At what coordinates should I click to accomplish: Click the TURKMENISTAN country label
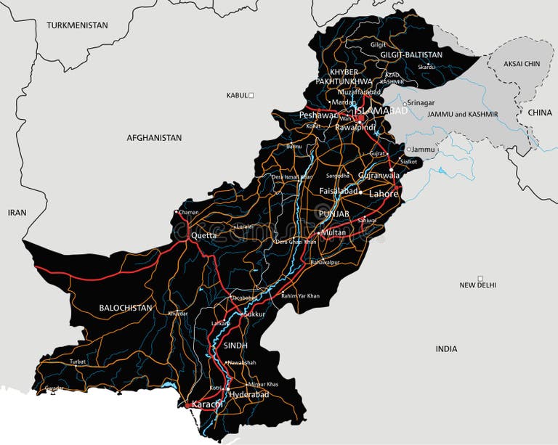(x=77, y=25)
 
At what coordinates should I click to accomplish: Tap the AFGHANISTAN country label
(x=154, y=137)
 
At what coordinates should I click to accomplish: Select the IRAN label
(x=17, y=213)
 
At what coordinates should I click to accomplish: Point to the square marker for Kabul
(x=251, y=95)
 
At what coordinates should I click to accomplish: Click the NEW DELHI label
(x=478, y=285)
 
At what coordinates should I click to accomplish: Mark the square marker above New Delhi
(x=480, y=278)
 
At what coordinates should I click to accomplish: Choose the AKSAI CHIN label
(x=522, y=64)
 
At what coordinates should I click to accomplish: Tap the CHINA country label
(x=540, y=113)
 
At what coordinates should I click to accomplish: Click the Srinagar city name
(x=424, y=103)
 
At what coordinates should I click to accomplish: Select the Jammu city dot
(x=409, y=150)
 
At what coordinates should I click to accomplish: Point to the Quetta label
(x=203, y=236)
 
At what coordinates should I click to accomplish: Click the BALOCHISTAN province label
(x=126, y=308)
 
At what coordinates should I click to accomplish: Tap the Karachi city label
(x=206, y=404)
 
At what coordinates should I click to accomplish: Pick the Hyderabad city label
(x=249, y=394)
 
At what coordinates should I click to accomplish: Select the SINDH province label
(x=235, y=346)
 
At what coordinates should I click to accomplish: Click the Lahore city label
(x=384, y=194)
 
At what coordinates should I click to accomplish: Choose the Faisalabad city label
(x=339, y=191)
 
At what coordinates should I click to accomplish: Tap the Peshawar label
(x=318, y=115)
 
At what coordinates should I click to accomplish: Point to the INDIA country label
(x=446, y=349)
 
